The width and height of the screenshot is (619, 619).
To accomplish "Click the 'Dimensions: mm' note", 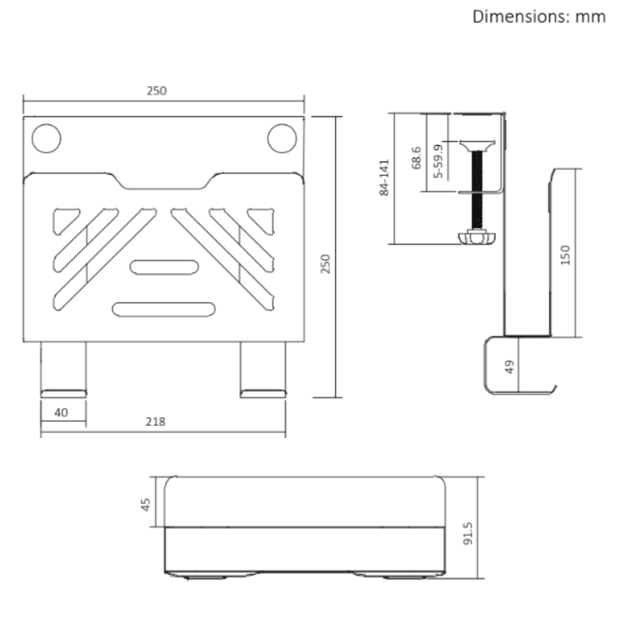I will [x=539, y=17].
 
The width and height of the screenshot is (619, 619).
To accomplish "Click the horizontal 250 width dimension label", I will [x=157, y=91].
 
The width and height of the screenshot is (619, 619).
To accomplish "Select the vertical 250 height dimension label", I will [x=325, y=264].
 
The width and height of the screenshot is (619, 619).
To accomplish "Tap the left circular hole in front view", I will [x=46, y=138].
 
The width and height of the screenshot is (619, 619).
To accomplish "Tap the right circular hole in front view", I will [x=281, y=138].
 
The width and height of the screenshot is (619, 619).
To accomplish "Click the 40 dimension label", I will [x=61, y=412].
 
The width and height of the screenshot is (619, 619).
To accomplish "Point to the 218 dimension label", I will [x=155, y=421].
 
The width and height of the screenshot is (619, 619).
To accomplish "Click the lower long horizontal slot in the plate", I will [x=164, y=309].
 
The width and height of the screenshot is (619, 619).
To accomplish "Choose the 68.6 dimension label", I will [x=417, y=158].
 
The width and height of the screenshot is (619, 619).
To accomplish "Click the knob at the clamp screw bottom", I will [x=477, y=238].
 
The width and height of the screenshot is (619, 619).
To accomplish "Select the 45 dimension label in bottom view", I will [x=146, y=504].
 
